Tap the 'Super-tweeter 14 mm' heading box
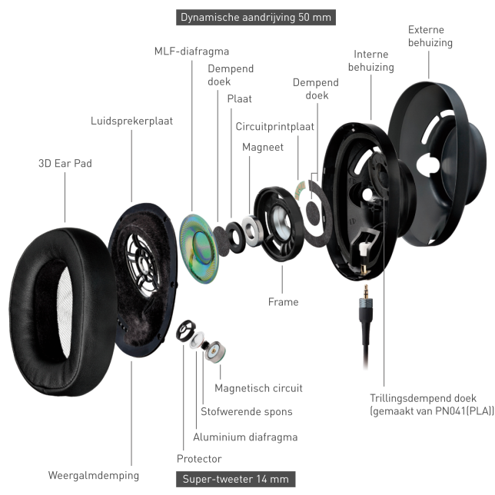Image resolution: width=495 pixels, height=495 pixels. (x=235, y=479)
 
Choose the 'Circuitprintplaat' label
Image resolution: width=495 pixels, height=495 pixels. (x=275, y=126)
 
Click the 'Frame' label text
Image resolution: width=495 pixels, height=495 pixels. (x=283, y=302)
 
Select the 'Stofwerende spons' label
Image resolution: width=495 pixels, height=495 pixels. (x=246, y=412)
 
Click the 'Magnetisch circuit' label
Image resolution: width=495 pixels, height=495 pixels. (x=258, y=388)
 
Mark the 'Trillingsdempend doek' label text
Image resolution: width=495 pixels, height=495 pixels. (x=423, y=398)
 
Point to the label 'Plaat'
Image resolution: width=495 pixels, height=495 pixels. (x=239, y=98)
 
